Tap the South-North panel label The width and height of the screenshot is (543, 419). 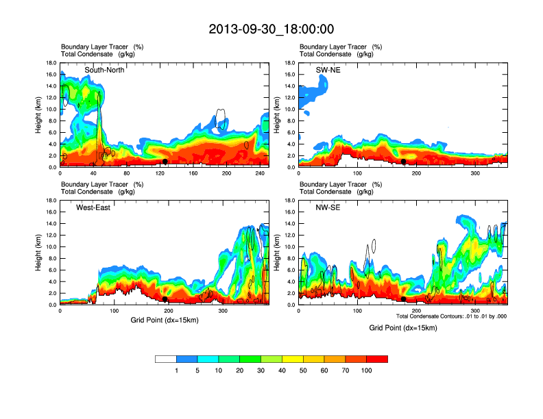(104, 71)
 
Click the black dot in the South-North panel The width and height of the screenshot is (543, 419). (165, 162)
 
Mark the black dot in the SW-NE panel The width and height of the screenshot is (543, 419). (404, 162)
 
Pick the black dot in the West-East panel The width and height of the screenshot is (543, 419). (165, 299)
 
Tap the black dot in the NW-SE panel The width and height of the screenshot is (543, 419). (404, 299)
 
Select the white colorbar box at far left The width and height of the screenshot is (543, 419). (166, 359)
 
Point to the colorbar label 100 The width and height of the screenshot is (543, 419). (367, 370)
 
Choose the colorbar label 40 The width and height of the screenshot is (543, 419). (282, 370)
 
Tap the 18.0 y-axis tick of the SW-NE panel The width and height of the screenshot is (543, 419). (291, 63)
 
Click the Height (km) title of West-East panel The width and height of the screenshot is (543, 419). (40, 253)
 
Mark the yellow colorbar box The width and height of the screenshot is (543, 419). (293, 359)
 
